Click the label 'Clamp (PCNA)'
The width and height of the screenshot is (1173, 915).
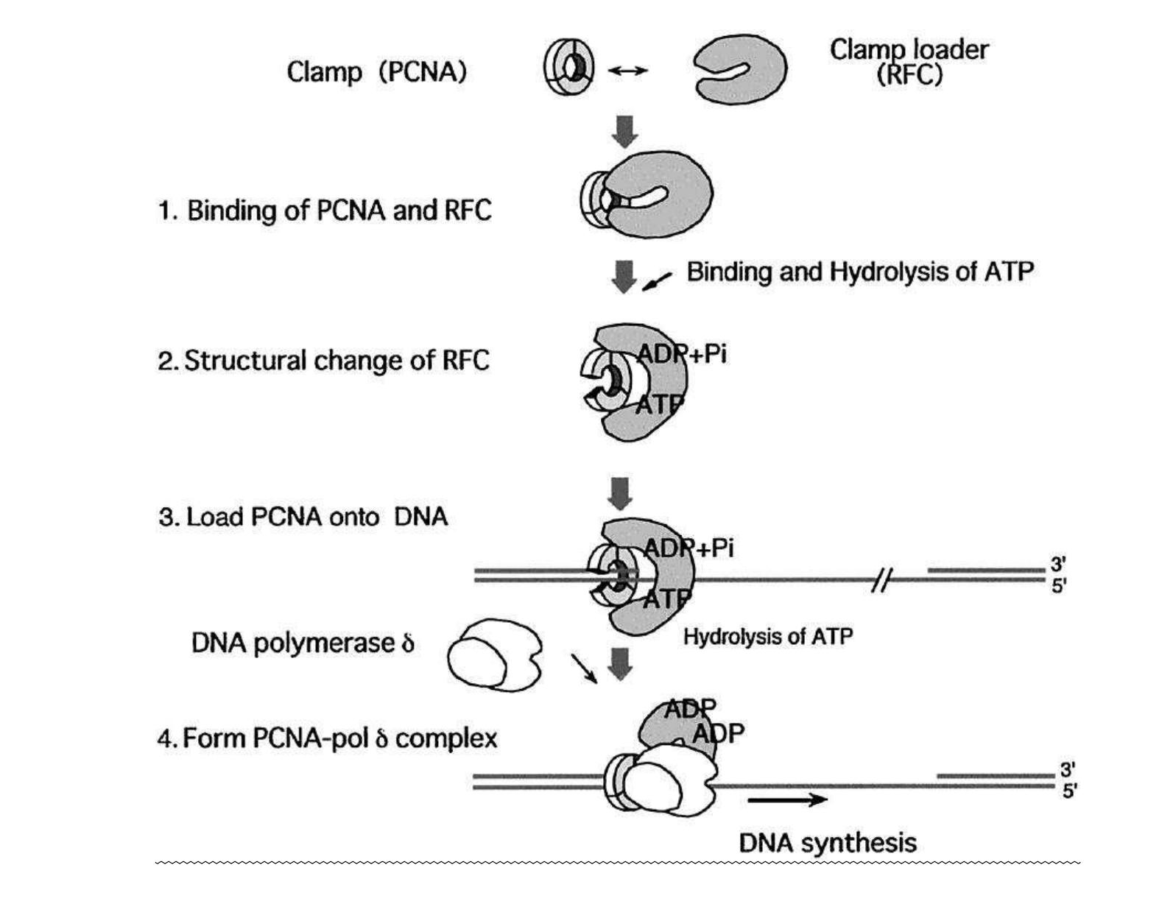tap(376, 72)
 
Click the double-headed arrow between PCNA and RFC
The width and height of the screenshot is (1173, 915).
tap(627, 71)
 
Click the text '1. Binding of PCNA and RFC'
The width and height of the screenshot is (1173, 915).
tap(325, 211)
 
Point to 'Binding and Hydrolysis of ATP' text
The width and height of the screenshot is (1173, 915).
tap(859, 272)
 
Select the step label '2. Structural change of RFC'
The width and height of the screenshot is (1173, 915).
tap(323, 361)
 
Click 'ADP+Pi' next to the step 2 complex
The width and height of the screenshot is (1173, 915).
tap(682, 354)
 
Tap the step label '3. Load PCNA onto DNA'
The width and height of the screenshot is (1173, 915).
tap(303, 516)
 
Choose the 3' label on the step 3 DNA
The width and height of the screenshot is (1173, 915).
tap(1058, 565)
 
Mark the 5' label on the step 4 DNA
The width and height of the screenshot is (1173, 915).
tap(1069, 792)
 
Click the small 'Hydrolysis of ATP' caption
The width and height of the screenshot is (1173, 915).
tap(768, 636)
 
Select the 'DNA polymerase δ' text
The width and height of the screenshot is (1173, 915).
tap(303, 643)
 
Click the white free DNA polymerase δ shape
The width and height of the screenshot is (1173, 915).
tap(494, 654)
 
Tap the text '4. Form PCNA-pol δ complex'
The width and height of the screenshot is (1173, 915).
tap(327, 738)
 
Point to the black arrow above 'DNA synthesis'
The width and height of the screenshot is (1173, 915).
tap(787, 799)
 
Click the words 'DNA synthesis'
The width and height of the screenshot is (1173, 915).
tap(828, 843)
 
